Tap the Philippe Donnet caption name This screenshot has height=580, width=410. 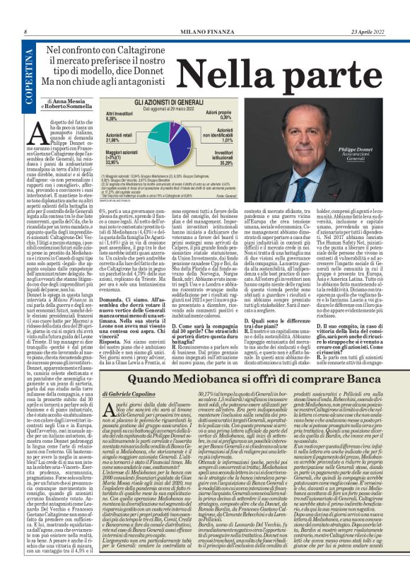[x=360, y=150]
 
